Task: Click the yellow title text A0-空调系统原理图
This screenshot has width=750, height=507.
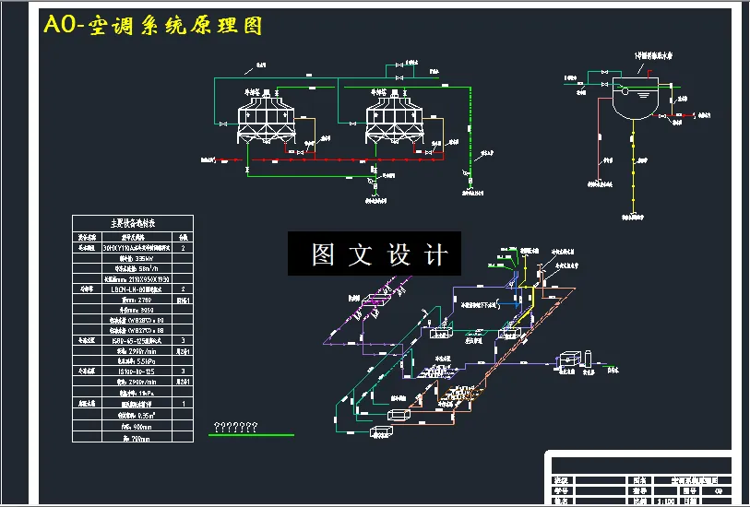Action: click(153, 26)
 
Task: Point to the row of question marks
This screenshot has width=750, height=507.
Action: click(234, 427)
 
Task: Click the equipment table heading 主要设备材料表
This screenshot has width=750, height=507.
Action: click(133, 222)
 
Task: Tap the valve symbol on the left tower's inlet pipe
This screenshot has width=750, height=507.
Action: click(224, 124)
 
